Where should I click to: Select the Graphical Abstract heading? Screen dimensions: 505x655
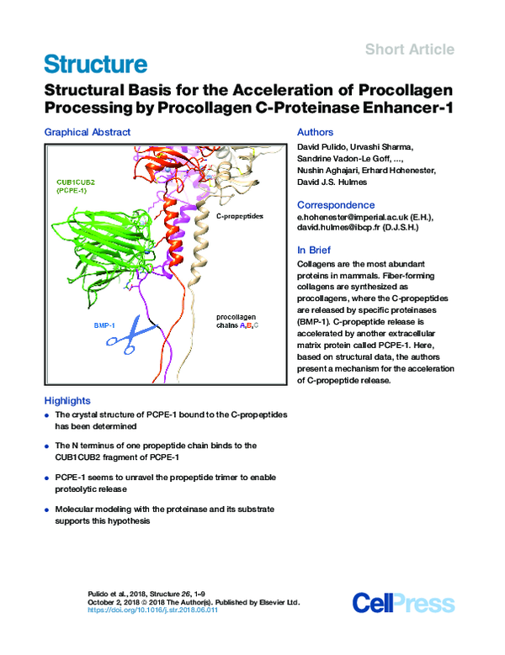pos(88,132)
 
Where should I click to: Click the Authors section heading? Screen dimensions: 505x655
pos(316,132)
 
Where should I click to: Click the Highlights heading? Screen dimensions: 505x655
pos(67,401)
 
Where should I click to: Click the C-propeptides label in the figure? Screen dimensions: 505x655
pos(240,217)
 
